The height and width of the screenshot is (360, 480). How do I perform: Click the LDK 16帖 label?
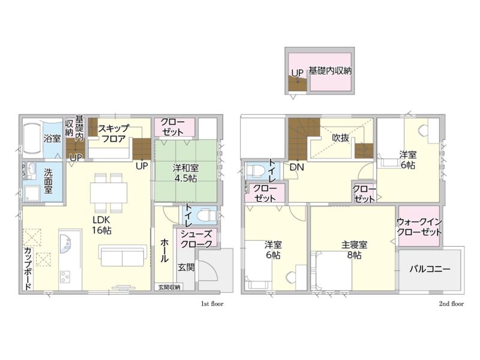(x=101, y=225)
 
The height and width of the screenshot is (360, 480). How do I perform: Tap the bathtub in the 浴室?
(x=32, y=139)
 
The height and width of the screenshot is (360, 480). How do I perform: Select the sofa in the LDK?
(x=122, y=256)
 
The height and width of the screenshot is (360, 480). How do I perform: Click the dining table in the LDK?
(x=109, y=193)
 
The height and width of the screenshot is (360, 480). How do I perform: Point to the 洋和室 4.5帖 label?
(x=185, y=173)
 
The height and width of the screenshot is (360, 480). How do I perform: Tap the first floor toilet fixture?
(x=206, y=215)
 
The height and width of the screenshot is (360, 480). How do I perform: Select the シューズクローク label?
(x=196, y=239)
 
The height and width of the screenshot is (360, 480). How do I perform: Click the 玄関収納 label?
(x=169, y=287)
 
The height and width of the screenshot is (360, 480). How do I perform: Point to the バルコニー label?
(x=430, y=269)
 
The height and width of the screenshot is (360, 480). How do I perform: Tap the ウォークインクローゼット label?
(x=419, y=227)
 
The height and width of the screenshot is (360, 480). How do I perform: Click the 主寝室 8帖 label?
(x=354, y=250)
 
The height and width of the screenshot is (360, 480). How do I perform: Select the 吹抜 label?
(x=340, y=138)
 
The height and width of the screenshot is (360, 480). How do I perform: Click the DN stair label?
(x=296, y=167)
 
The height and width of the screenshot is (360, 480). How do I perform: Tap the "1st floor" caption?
(x=212, y=304)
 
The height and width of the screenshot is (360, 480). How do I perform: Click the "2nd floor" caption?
(x=452, y=304)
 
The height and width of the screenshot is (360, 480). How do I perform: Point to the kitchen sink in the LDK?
(x=65, y=244)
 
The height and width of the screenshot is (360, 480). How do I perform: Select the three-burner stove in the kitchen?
(x=65, y=277)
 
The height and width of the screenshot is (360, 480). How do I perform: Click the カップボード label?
(x=28, y=268)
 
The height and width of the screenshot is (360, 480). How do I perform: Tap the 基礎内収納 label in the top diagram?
(x=330, y=71)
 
